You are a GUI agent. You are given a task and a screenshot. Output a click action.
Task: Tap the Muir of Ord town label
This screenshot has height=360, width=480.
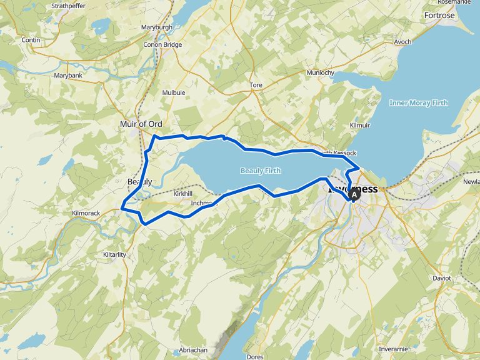141,124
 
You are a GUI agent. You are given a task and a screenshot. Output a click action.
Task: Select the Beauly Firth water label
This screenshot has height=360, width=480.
261,171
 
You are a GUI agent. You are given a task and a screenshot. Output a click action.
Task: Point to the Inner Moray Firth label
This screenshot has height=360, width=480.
418,103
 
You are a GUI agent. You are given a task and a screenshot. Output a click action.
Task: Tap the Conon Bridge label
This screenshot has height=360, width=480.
162,45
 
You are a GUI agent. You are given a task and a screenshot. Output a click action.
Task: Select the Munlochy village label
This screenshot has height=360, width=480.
321,72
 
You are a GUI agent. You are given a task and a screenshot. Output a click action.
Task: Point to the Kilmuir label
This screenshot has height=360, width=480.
361,126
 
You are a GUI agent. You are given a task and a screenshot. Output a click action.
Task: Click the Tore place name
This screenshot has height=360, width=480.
256,84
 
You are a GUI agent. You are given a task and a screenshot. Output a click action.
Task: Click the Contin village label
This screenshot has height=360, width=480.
31,40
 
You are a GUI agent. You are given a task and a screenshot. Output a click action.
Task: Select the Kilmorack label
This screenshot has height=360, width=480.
86,213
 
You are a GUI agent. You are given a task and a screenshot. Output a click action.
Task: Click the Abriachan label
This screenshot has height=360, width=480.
192,350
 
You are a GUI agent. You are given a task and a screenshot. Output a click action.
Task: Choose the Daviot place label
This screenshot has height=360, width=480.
441,278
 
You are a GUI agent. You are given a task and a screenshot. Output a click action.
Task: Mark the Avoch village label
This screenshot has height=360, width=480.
402,42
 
